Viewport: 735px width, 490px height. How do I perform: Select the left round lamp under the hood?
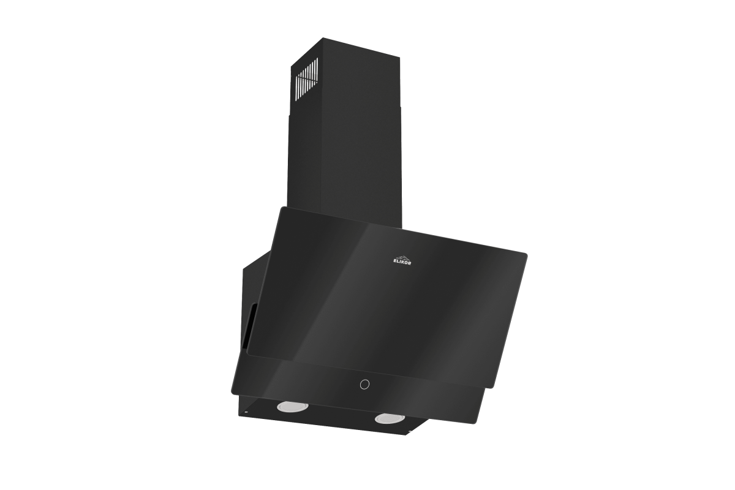[x=293, y=406]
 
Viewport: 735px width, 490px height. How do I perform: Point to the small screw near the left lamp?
[x=246, y=413]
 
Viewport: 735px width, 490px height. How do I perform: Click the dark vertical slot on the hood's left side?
[x=250, y=326]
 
